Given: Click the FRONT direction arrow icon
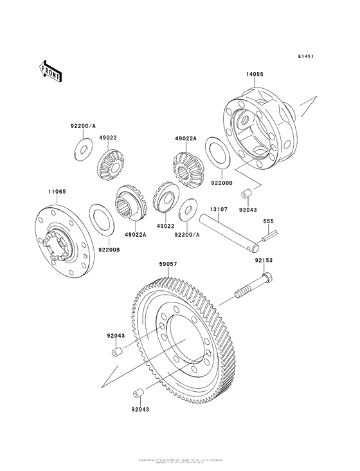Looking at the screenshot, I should coord(51,70).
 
